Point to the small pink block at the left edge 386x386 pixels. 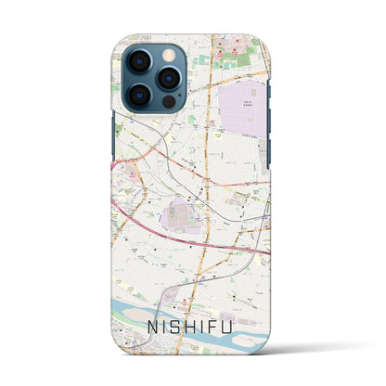pyautogui.click(x=126, y=169)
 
